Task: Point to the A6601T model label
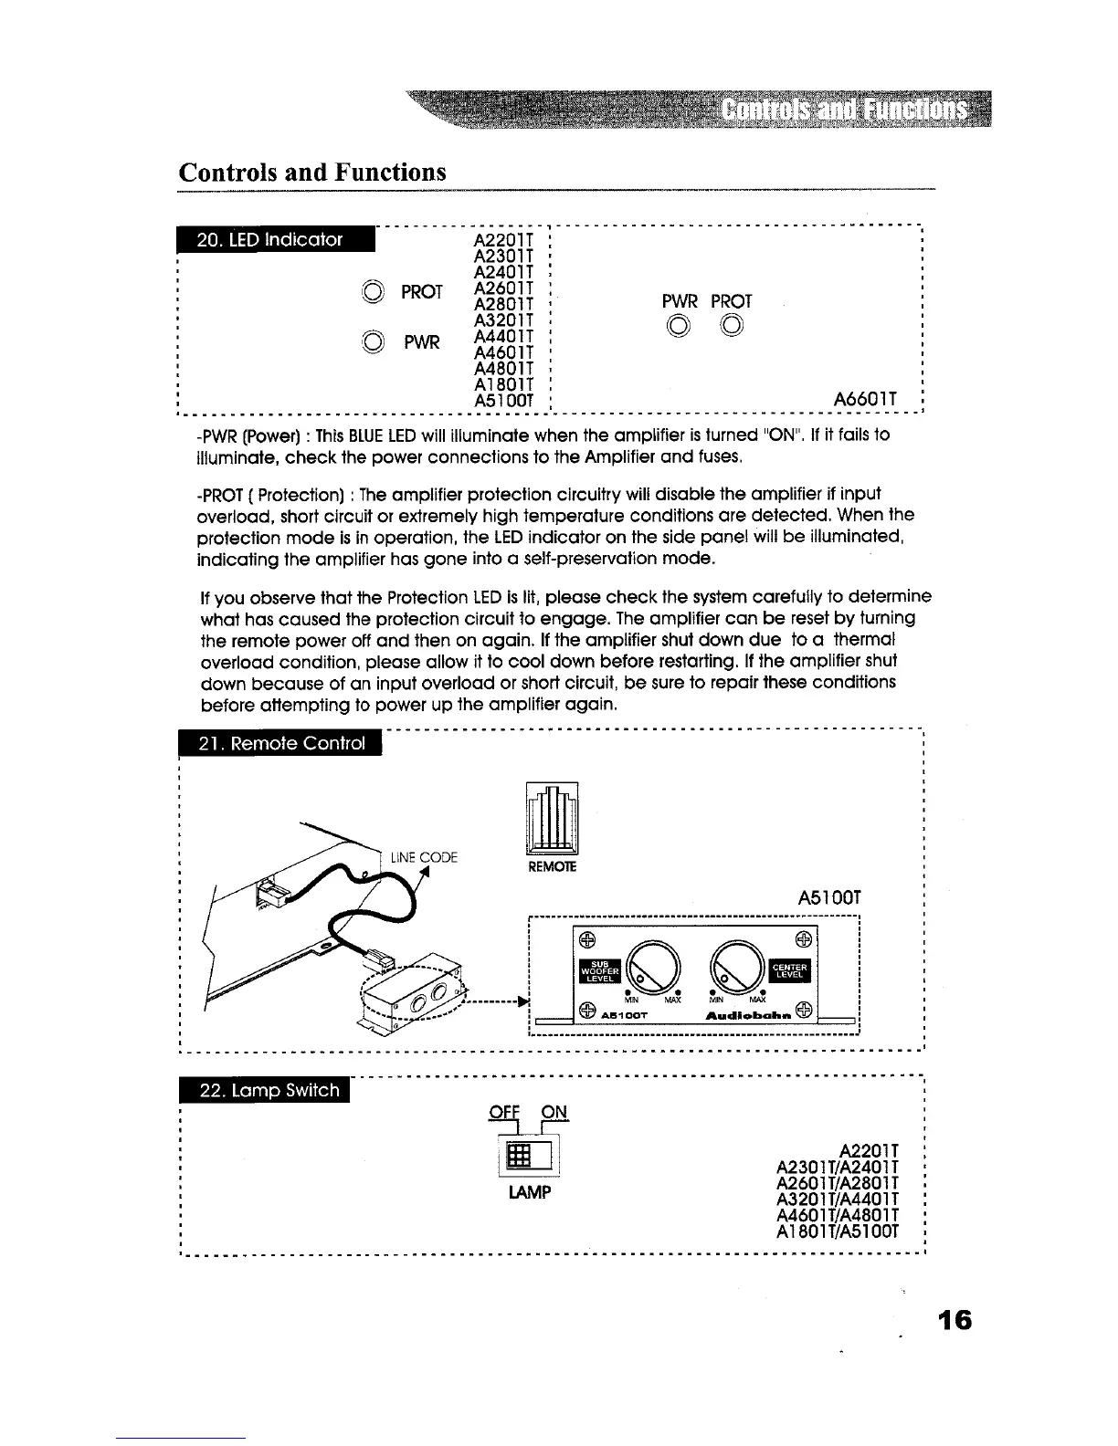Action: coord(863,399)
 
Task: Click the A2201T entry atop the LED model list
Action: coord(499,240)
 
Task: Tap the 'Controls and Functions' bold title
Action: coord(312,172)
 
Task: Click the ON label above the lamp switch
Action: coord(554,1112)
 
